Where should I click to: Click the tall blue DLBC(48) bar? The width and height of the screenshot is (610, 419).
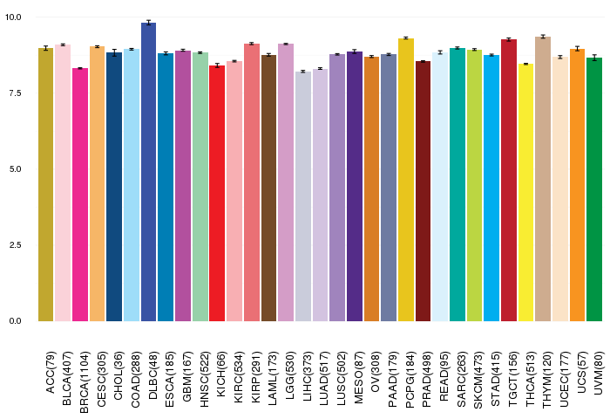(149, 172)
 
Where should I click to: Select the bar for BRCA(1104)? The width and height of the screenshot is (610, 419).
(80, 195)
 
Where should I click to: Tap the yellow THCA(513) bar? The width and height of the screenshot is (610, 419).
(526, 193)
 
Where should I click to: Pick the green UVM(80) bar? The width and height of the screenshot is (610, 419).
(594, 189)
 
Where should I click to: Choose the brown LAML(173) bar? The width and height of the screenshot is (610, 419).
(268, 189)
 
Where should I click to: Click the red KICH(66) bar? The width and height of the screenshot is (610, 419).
(217, 193)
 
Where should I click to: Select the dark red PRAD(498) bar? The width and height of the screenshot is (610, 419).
(424, 191)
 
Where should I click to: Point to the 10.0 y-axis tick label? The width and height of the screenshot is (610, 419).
(13, 17)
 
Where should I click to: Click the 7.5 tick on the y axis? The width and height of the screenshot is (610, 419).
(15, 93)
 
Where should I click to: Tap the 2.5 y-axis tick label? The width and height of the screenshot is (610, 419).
(15, 245)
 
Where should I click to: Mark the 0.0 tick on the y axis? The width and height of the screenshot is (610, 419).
(15, 321)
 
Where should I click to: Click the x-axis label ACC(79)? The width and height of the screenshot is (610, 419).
(51, 372)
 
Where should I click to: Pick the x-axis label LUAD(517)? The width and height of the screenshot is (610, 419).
(324, 378)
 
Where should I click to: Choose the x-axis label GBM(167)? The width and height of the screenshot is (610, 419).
(187, 376)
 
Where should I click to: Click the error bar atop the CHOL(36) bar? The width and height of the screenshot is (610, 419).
(114, 52)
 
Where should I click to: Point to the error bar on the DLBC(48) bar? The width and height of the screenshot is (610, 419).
(149, 23)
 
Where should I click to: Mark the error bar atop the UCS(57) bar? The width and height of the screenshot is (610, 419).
(577, 49)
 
